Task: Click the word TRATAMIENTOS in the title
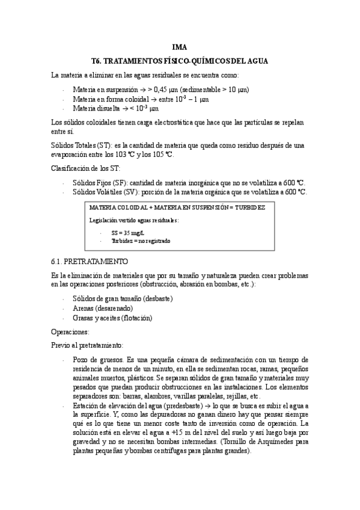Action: (x=129, y=61)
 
